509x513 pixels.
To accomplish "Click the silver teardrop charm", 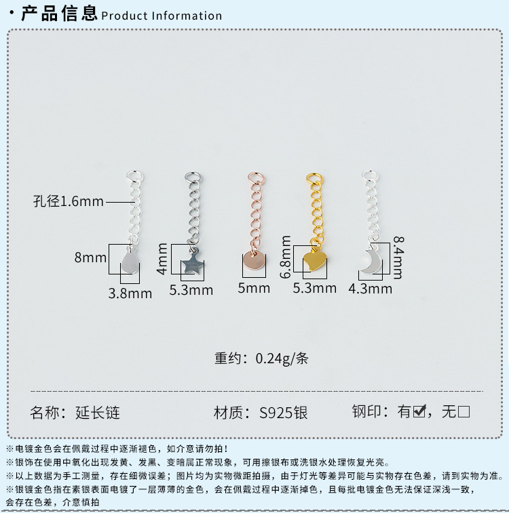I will point(130,263).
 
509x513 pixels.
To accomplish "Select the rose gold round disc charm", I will point(253,263).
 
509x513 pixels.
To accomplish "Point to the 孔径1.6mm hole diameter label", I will point(69,201).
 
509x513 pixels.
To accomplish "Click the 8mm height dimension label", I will point(91,258).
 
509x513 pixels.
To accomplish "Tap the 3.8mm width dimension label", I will point(130,293).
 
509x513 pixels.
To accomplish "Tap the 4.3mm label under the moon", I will point(370,289).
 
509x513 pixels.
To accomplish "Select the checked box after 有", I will point(419,411).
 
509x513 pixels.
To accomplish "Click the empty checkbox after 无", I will point(464,411).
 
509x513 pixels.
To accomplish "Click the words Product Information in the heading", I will point(162,16).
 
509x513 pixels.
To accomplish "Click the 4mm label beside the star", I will point(163,258).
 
